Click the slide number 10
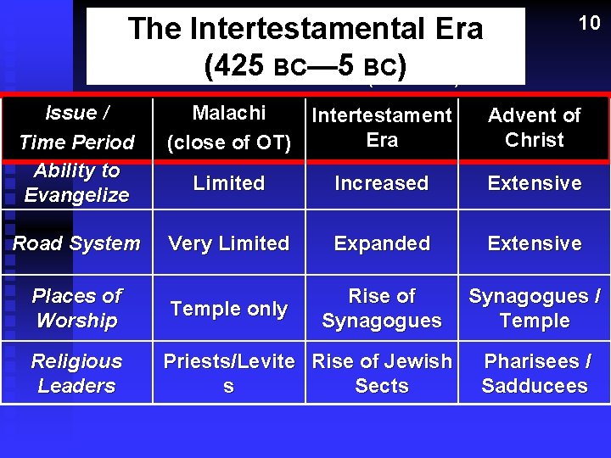[589, 23]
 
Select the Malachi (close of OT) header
[229, 128]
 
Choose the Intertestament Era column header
[382, 128]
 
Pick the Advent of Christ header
[535, 128]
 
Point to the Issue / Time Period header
[76, 127]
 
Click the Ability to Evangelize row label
[76, 182]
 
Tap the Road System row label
[76, 243]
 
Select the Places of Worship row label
[76, 308]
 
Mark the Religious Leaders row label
[76, 373]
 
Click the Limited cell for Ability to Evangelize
[229, 183]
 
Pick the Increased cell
[382, 183]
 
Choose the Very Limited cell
[229, 243]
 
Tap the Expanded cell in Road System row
[382, 243]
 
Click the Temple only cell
[229, 309]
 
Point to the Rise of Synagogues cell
[382, 308]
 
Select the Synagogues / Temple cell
[535, 308]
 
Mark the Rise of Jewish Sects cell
[382, 373]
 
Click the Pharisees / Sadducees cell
[535, 373]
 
